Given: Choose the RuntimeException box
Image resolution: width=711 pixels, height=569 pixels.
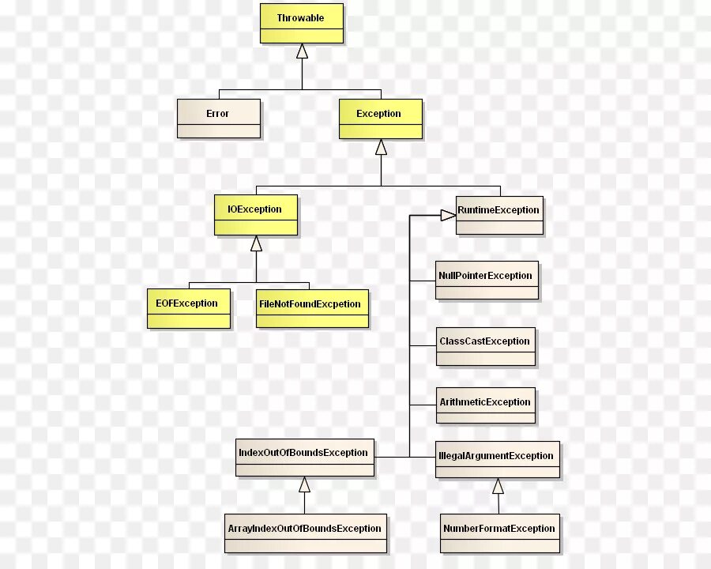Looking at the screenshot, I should [499, 215].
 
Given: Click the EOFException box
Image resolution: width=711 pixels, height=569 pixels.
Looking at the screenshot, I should [188, 308].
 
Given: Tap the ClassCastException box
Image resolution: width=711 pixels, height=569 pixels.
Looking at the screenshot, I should [485, 346].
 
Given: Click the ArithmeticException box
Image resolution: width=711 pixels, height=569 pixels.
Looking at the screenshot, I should [485, 406].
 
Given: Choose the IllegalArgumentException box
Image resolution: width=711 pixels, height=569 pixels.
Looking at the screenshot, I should [498, 460].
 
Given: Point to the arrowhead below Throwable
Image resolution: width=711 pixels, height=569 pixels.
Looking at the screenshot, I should [302, 51].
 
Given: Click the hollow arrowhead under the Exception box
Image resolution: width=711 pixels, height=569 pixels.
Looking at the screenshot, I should [381, 147].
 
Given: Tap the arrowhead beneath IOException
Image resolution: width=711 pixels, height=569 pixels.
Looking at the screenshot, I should [256, 243].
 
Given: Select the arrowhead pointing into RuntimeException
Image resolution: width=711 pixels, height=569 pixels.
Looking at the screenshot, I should [448, 214].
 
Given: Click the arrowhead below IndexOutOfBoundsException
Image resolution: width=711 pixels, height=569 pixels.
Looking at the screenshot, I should [304, 484].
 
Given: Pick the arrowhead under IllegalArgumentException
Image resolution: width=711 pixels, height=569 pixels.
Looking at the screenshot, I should [498, 486].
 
